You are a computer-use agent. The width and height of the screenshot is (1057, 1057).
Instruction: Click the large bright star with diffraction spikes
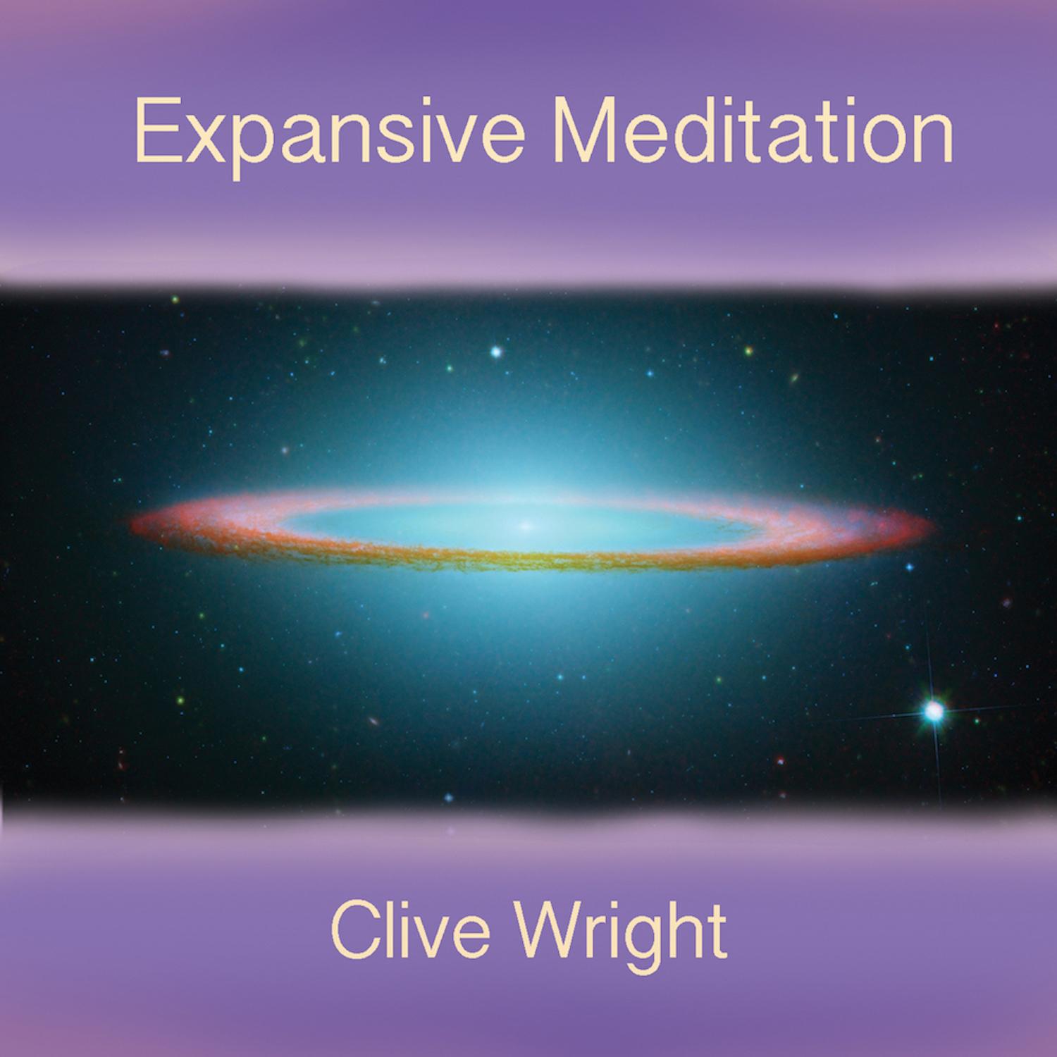pos(934,712)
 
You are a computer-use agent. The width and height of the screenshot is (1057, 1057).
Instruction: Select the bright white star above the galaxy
pos(497,351)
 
